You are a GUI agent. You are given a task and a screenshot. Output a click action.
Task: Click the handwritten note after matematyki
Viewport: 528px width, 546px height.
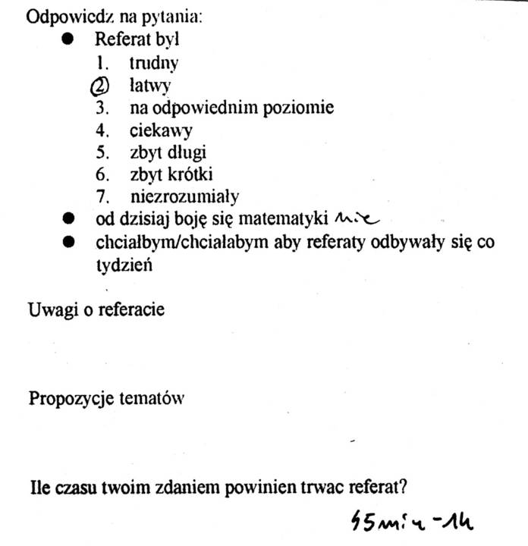pyautogui.click(x=355, y=218)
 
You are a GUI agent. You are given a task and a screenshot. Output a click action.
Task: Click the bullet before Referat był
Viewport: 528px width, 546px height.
pyautogui.click(x=69, y=39)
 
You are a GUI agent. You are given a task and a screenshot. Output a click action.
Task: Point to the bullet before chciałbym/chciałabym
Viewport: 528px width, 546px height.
pyautogui.click(x=69, y=243)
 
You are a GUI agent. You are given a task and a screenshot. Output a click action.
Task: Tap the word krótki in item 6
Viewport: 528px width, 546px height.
pyautogui.click(x=190, y=174)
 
